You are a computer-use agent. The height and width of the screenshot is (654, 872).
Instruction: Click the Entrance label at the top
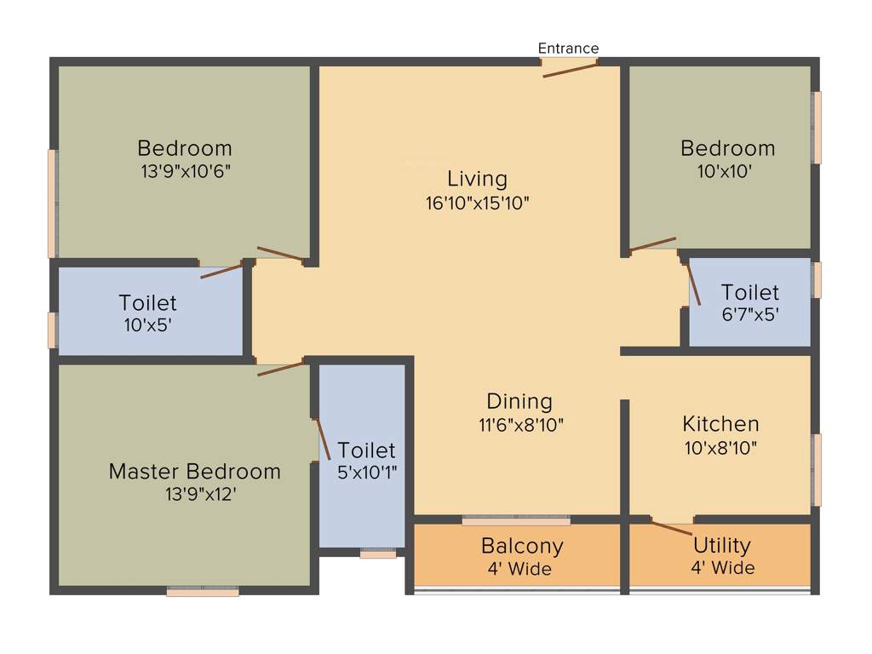(568, 49)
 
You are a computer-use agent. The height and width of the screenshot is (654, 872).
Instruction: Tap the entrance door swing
(571, 68)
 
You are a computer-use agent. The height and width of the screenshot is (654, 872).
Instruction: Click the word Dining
(519, 401)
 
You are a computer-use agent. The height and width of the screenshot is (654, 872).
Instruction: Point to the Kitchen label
(720, 423)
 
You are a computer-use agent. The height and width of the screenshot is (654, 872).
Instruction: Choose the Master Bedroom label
(194, 471)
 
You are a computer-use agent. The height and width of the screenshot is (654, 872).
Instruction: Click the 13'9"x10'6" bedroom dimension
(186, 170)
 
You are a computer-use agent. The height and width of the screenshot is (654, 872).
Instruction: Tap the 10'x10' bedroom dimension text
(724, 170)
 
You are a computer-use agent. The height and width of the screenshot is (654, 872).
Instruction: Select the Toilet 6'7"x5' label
(749, 293)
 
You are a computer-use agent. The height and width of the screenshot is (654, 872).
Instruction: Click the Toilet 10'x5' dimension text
(148, 324)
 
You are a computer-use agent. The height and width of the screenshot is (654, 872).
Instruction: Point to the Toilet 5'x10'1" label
(366, 450)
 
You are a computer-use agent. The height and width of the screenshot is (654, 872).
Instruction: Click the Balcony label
(522, 546)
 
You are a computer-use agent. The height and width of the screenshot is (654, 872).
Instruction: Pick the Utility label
(721, 545)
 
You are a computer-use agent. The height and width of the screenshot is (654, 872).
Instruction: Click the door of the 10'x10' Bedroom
(652, 244)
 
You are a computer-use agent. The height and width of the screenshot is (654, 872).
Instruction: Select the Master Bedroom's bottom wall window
(203, 591)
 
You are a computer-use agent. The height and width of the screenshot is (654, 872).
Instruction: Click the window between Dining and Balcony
(516, 520)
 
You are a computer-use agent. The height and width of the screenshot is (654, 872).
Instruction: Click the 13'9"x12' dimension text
(200, 494)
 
